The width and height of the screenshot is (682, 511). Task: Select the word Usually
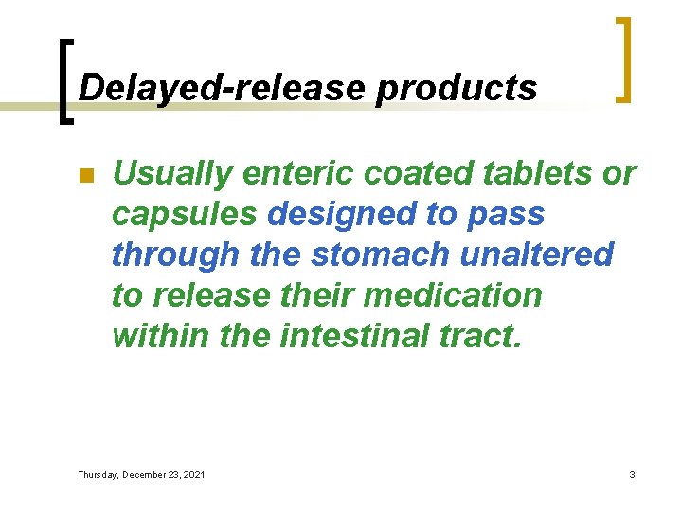click(171, 174)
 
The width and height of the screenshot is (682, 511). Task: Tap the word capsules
click(184, 215)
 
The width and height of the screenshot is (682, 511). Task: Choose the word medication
click(453, 295)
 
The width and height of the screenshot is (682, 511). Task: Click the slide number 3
click(632, 474)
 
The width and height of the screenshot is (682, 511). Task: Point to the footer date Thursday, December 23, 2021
click(141, 474)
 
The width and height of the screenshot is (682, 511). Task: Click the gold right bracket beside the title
click(622, 59)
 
